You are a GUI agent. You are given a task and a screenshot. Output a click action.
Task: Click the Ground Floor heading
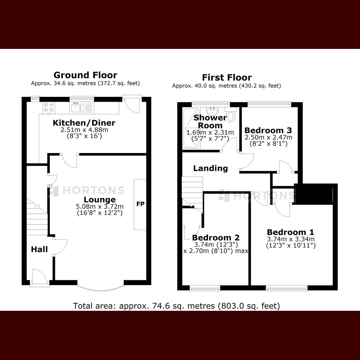85,75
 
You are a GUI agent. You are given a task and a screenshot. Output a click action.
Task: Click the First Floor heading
226,77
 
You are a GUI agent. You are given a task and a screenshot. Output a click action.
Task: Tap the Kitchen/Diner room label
84,123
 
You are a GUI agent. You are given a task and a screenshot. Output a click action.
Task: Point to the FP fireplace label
140,204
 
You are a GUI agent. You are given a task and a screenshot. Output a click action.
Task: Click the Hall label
39,249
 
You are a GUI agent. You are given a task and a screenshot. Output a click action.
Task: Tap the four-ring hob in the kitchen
49,107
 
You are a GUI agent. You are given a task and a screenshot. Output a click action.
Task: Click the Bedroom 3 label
268,130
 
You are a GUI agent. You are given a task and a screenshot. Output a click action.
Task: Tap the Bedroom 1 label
290,232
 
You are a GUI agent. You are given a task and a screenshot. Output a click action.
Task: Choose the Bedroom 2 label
216,238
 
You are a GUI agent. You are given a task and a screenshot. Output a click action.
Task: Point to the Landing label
210,168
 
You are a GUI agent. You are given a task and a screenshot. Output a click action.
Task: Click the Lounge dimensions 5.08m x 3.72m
100,206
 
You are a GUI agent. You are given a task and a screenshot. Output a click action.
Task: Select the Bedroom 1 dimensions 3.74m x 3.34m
290,239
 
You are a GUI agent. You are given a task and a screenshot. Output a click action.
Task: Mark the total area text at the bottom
177,306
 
